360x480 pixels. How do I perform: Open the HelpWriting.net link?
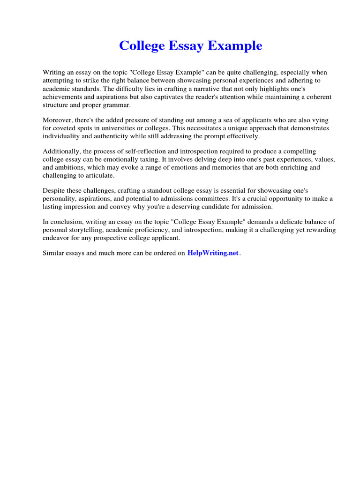click(x=213, y=253)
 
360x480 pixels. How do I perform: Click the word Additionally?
click(x=61, y=151)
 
